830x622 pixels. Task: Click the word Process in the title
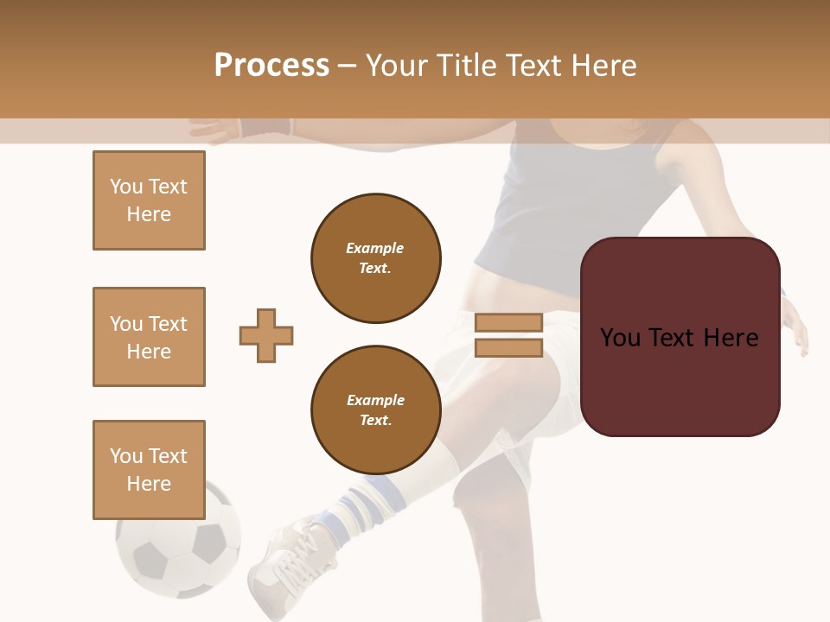pos(271,66)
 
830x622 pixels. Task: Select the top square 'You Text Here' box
pos(149,200)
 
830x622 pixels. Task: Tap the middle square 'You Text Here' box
pos(149,337)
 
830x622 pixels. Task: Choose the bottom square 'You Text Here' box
pos(149,470)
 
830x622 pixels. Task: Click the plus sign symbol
pos(266,335)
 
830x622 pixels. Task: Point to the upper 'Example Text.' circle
pos(376,258)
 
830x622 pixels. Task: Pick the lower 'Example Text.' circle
pos(376,410)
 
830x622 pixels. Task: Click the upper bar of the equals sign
pos(509,322)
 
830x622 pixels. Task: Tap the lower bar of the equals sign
pos(509,347)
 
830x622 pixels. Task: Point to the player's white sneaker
pos(290,562)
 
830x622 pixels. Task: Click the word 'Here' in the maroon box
pos(731,338)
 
